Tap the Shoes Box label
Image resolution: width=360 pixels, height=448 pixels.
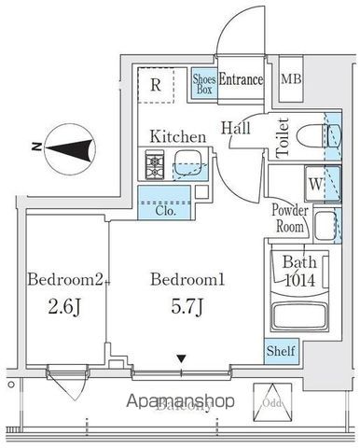(204, 84)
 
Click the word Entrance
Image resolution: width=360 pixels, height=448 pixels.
(242, 81)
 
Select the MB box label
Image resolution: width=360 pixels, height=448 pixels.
(291, 81)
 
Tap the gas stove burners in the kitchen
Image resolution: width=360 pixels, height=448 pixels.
(155, 166)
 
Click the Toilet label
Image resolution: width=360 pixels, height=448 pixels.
(284, 135)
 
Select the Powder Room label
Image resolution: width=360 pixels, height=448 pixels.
(289, 217)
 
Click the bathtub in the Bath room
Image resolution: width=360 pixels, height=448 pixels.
(298, 315)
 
